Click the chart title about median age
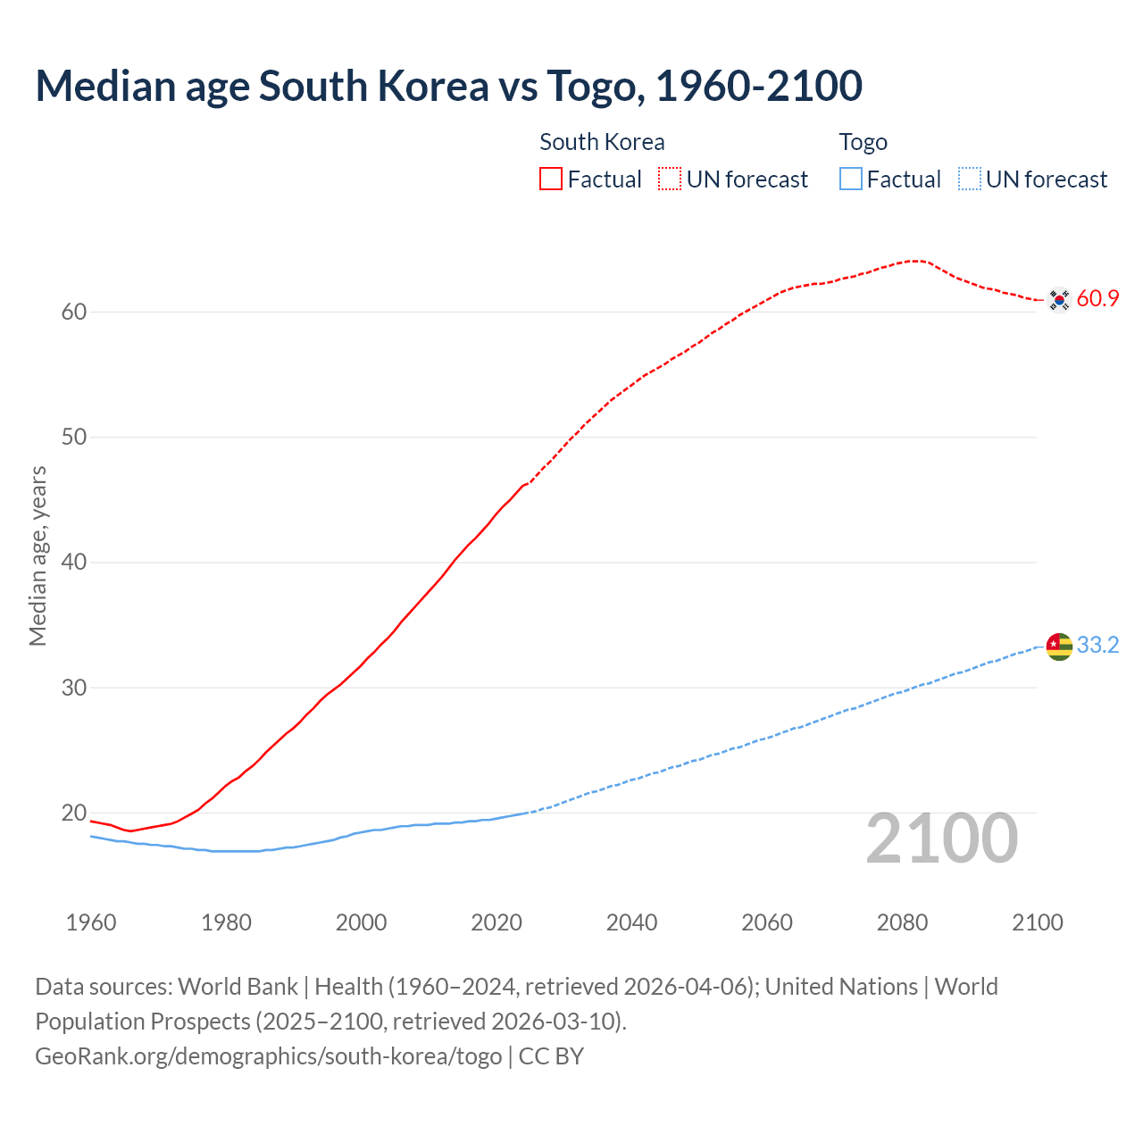point(448,86)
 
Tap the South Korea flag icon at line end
point(1059,299)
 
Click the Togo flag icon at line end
point(1059,646)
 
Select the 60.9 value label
point(1097,299)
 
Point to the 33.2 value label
point(1097,646)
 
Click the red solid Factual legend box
point(551,179)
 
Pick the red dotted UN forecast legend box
point(670,179)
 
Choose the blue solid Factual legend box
point(851,179)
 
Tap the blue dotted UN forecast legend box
point(970,179)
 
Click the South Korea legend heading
point(602,142)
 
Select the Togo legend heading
point(863,142)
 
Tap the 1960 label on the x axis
point(91,922)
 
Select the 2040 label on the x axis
point(631,922)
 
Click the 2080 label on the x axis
point(902,922)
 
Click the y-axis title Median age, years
point(38,555)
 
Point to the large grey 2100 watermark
point(941,838)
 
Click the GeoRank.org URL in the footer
point(268,1056)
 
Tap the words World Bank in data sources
point(238,987)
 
